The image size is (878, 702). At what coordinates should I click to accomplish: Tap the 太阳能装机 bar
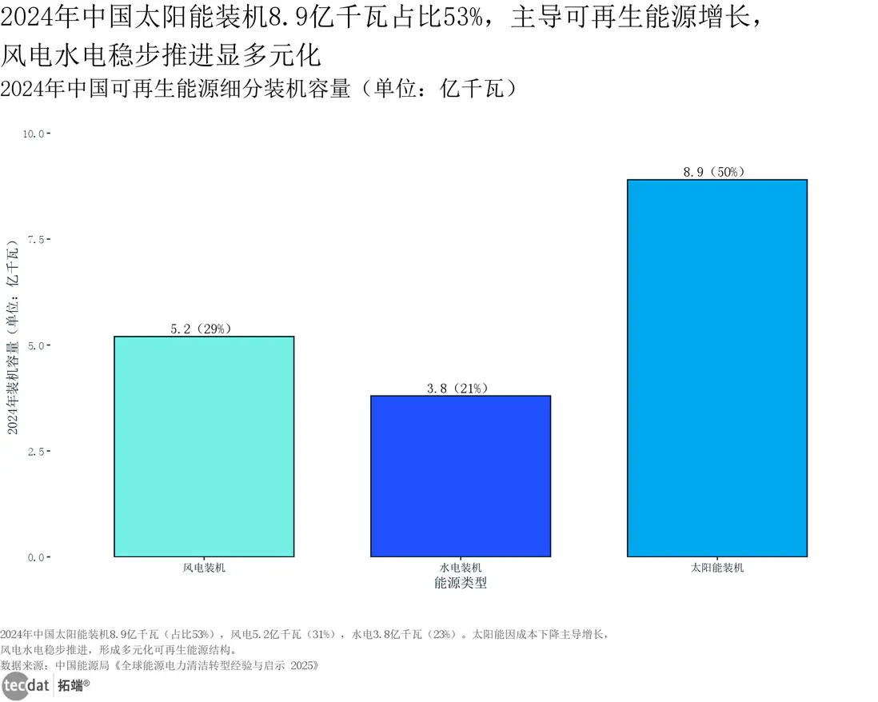[717, 368]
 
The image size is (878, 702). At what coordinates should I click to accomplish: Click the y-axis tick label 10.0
[34, 134]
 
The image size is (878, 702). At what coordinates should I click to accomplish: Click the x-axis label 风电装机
[204, 568]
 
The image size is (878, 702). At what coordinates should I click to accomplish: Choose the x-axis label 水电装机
[461, 568]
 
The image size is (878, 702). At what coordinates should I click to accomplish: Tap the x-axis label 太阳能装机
[717, 568]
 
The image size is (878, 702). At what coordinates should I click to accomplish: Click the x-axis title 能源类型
[461, 583]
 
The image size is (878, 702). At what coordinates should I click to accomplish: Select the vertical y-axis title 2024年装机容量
[13, 344]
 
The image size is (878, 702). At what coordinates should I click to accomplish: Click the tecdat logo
[25, 685]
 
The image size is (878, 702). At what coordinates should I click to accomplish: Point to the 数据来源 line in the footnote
[160, 664]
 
